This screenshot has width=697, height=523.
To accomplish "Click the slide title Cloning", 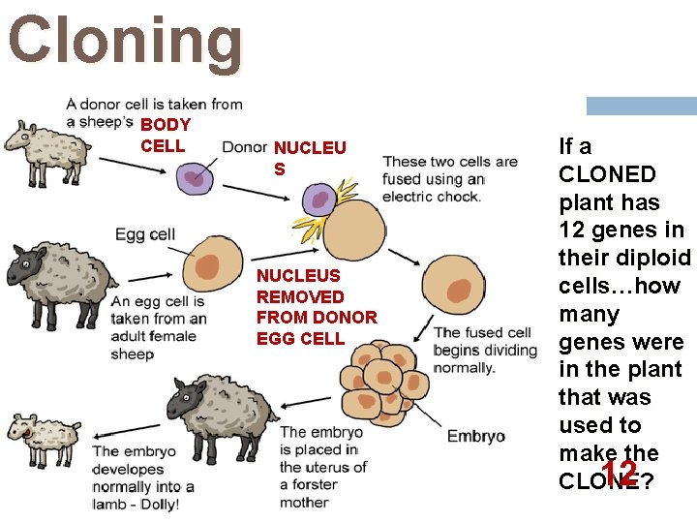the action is pyautogui.click(x=126, y=42).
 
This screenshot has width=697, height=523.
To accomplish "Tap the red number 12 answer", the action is pyautogui.click(x=618, y=473).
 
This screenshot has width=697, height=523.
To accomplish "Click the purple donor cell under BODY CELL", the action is pyautogui.click(x=195, y=178).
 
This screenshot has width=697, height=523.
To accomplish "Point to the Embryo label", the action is pyautogui.click(x=475, y=436).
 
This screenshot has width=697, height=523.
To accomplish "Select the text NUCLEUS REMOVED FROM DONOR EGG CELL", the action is pyautogui.click(x=317, y=307).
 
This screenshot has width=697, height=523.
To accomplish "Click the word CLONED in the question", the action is pyautogui.click(x=607, y=174).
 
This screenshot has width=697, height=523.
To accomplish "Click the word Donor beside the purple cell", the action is pyautogui.click(x=244, y=147).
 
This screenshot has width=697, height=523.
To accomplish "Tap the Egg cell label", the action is pyautogui.click(x=145, y=234).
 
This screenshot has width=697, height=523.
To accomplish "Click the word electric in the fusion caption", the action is pyautogui.click(x=412, y=197).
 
